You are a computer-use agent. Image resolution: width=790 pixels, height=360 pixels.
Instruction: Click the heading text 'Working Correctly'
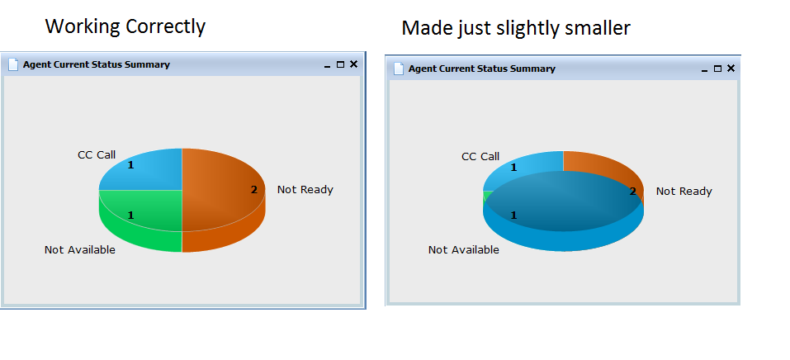click(x=125, y=26)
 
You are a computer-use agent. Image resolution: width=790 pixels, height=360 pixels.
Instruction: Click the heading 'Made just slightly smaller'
click(x=515, y=28)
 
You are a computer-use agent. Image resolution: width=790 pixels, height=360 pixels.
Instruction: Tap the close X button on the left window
click(x=353, y=64)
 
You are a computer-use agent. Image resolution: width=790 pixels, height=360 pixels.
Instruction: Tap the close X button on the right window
click(x=731, y=68)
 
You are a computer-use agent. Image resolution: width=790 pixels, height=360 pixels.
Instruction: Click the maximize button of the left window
click(x=341, y=64)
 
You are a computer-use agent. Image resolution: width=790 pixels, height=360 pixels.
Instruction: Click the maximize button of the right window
click(x=718, y=69)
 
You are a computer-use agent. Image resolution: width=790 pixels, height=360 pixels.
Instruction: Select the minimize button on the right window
click(x=704, y=70)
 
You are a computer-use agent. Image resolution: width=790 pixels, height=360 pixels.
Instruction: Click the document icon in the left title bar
click(x=13, y=64)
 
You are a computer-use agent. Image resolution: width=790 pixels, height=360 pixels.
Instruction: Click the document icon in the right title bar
click(x=399, y=69)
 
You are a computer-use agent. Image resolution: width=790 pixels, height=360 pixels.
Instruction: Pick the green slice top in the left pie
click(x=146, y=209)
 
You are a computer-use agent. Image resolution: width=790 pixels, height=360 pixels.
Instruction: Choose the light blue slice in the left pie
click(x=146, y=172)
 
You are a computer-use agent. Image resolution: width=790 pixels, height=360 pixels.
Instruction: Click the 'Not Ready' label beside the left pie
click(x=305, y=190)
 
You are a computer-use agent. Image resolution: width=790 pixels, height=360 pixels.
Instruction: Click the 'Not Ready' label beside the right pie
click(x=684, y=191)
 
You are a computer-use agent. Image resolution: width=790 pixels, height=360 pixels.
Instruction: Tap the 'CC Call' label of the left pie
click(x=97, y=154)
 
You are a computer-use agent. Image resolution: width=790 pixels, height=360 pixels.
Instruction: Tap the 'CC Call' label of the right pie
click(x=480, y=156)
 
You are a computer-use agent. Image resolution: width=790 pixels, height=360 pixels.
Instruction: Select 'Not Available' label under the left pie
click(x=79, y=249)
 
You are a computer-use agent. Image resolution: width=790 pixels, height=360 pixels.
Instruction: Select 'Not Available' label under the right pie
click(x=464, y=249)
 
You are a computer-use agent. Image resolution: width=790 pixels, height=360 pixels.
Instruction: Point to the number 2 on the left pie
click(x=254, y=190)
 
